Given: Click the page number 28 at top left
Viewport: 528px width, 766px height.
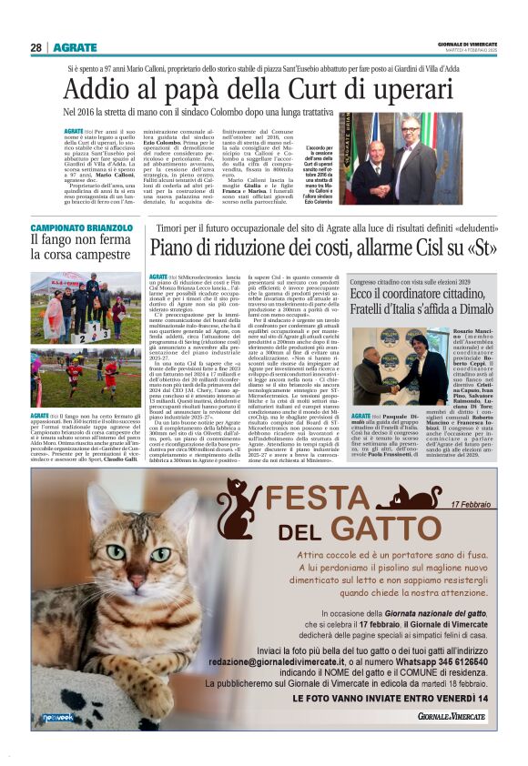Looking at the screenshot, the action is (36, 47).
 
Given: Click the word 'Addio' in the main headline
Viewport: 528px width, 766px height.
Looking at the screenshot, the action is (94, 89).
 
